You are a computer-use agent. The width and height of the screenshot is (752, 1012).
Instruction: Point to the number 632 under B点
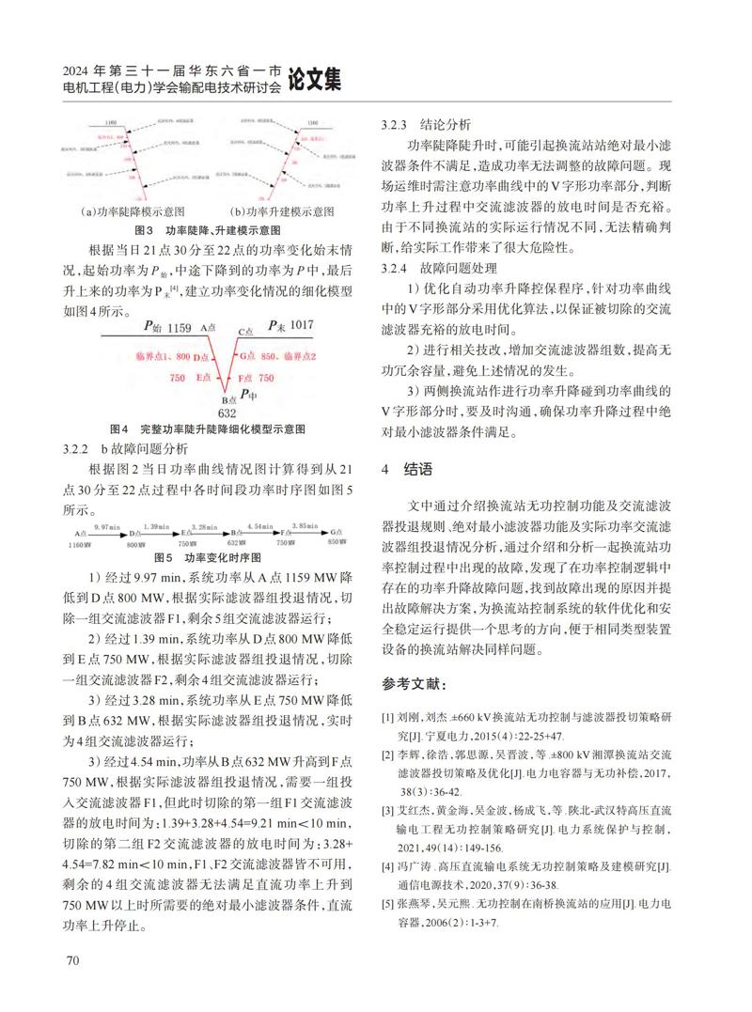tap(226, 412)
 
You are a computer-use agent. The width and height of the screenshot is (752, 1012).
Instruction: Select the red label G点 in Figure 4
tap(246, 357)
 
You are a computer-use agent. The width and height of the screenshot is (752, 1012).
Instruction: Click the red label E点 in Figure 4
tap(203, 377)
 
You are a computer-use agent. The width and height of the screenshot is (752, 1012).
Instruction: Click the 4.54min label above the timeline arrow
tap(260, 526)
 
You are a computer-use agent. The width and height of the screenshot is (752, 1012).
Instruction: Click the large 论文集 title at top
tap(315, 81)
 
